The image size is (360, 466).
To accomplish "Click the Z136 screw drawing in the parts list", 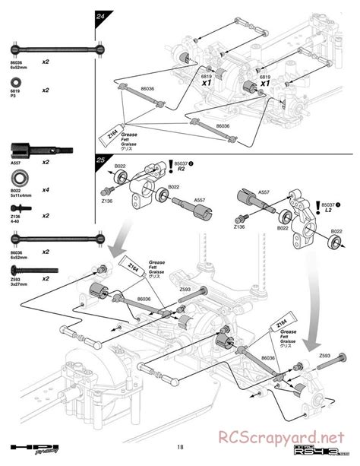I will (x=15, y=204).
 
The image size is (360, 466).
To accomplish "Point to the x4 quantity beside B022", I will (x=46, y=189).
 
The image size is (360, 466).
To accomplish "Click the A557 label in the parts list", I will (x=14, y=163).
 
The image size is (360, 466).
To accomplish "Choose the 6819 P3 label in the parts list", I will (x=14, y=94).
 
